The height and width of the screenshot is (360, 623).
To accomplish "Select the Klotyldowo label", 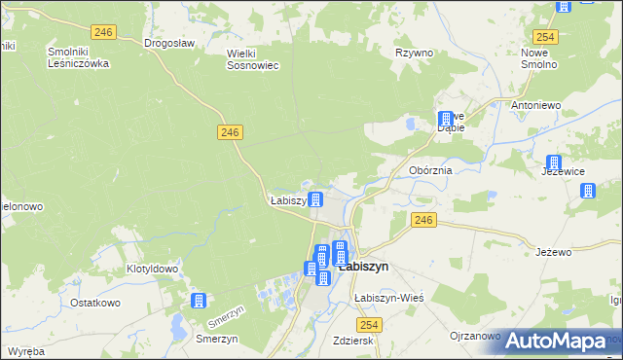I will pyautogui.click(x=152, y=269).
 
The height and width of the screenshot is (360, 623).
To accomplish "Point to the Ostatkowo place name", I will pyautogui.click(x=94, y=303).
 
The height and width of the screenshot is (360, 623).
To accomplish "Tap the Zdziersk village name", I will pyautogui.click(x=352, y=342).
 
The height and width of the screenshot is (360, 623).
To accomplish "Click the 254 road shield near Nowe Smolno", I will pyautogui.click(x=545, y=37).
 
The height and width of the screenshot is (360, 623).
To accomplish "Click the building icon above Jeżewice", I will pyautogui.click(x=554, y=162).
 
